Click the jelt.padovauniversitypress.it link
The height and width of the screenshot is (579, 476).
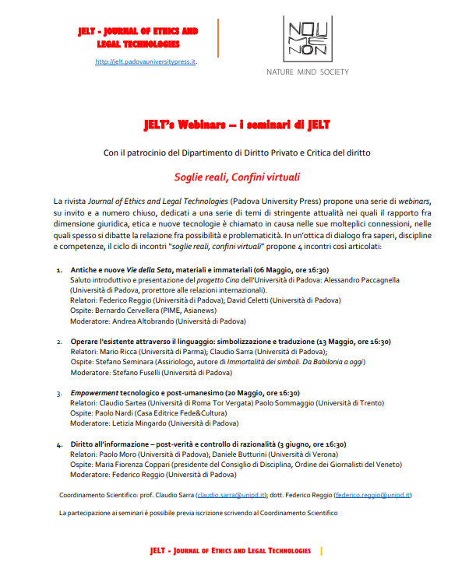[146, 61]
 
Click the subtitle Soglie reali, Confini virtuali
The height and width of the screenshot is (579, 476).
[238, 177]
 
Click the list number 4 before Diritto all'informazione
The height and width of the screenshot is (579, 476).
[59, 444]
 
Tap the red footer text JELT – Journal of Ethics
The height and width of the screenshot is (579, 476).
[230, 551]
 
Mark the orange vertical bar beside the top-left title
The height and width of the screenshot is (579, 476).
[218, 37]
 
